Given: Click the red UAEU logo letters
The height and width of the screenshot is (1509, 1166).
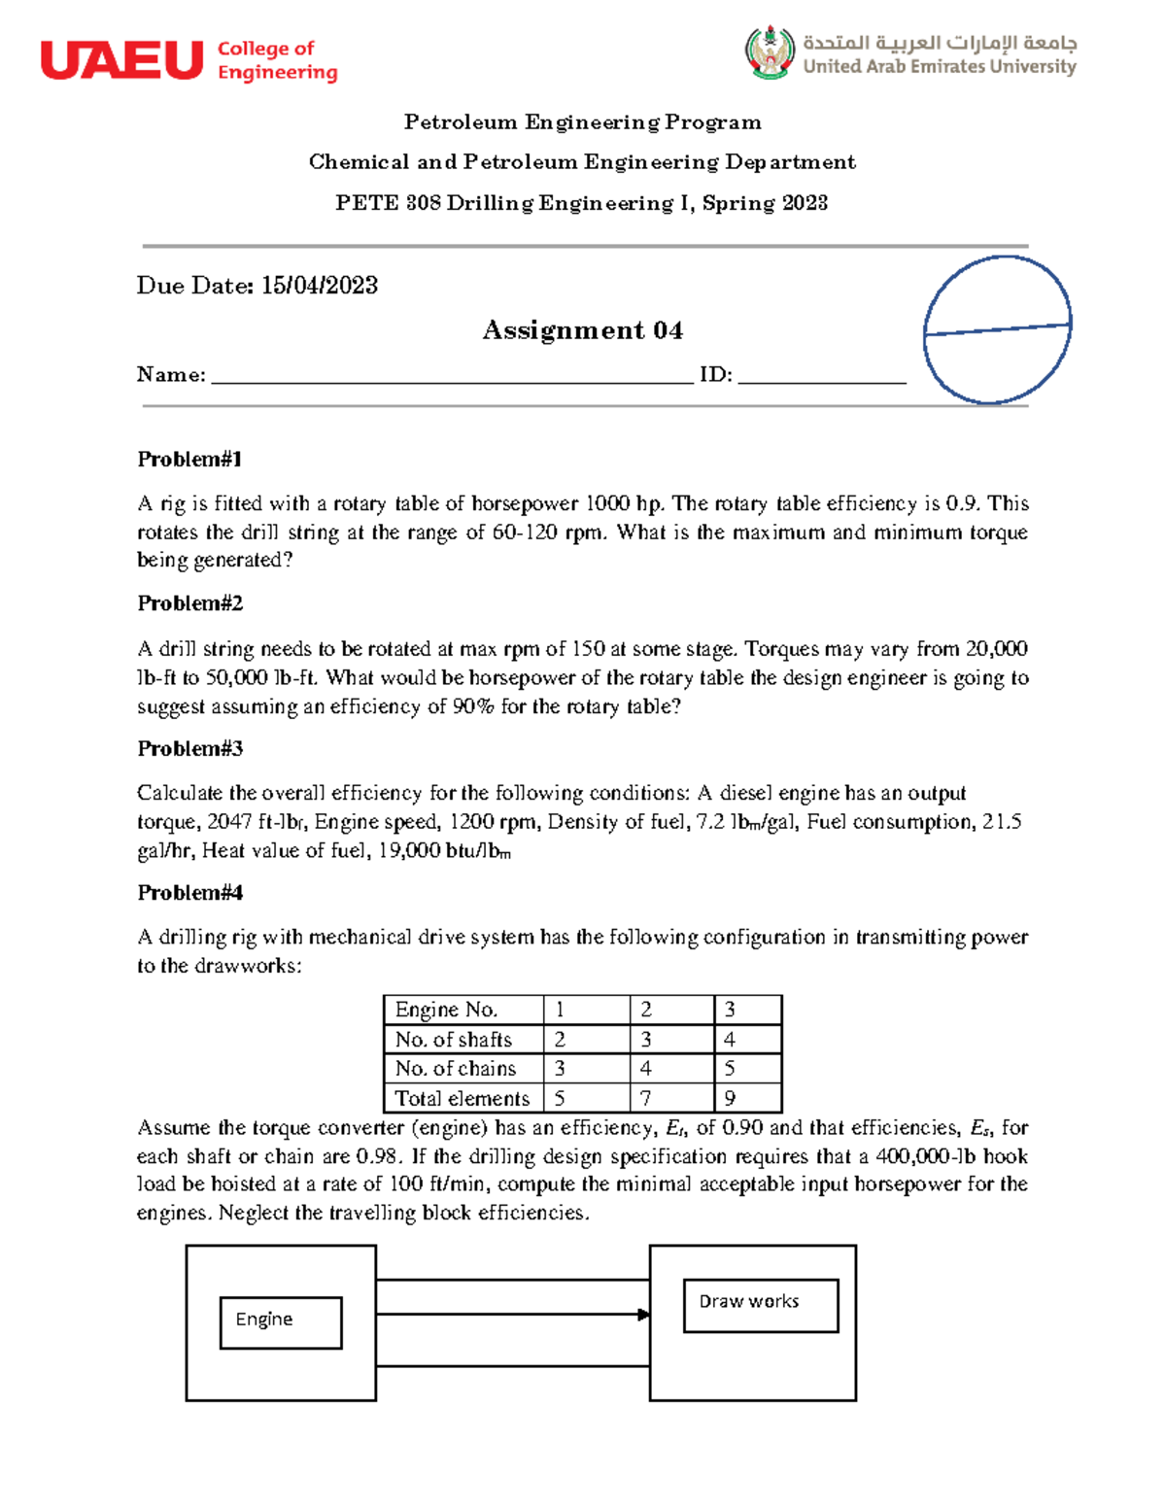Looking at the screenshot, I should pos(121,60).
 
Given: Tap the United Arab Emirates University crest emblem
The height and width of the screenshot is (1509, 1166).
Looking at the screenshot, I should pos(770,52).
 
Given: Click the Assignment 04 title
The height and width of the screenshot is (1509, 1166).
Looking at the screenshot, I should pos(582,330).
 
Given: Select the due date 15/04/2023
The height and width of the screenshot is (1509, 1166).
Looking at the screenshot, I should pos(319,286).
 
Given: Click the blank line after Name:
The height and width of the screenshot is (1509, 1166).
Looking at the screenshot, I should pos(452,376).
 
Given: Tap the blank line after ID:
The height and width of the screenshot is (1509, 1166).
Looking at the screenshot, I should pos(821,376).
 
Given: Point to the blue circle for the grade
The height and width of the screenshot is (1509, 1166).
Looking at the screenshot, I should pos(997,329).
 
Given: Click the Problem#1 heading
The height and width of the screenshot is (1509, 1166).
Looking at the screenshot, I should pos(189,459).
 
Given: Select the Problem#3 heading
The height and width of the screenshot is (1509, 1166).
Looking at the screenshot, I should pos(189,748).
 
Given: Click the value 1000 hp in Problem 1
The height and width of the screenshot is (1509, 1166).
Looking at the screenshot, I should pos(622,503).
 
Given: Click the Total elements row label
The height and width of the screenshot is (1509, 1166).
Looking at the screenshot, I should pos(462,1098).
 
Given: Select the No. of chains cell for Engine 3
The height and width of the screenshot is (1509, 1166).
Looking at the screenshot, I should pos(747,1068).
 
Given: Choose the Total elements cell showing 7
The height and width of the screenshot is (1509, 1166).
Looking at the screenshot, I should pos(670,1098).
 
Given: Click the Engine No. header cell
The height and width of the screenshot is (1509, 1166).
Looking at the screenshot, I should pos(462,1010).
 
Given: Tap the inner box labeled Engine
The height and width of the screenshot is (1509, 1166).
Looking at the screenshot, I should pos(281,1322).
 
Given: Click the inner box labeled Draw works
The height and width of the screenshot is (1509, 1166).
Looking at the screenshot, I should pos(760,1305).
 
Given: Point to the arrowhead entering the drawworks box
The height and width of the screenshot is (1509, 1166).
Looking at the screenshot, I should pos(643,1315).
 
